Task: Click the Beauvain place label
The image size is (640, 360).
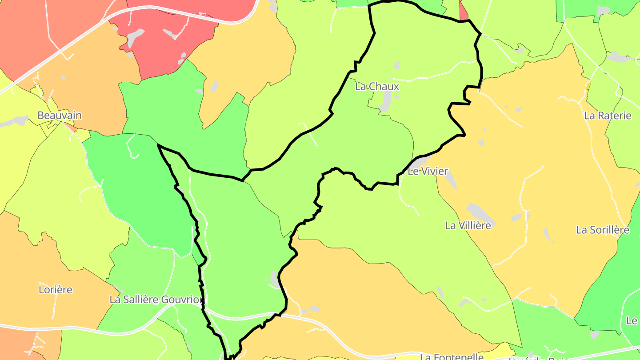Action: pos(60,116)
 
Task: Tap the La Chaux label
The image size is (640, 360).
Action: pos(377,87)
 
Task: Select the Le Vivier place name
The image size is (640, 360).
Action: pos(428,171)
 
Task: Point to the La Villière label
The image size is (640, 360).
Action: pos(468,225)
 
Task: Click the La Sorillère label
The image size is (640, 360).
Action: pos(603,230)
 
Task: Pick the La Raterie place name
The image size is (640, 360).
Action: pos(608,116)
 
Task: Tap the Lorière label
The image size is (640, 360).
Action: pos(56,290)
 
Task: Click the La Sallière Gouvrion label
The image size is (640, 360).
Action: pos(156,300)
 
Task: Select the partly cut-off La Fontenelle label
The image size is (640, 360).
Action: pos(452,356)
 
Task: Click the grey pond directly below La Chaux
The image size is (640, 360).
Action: pos(385,102)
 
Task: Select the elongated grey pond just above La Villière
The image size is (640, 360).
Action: pos(480,212)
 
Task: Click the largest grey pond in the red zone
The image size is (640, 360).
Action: pos(136,38)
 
